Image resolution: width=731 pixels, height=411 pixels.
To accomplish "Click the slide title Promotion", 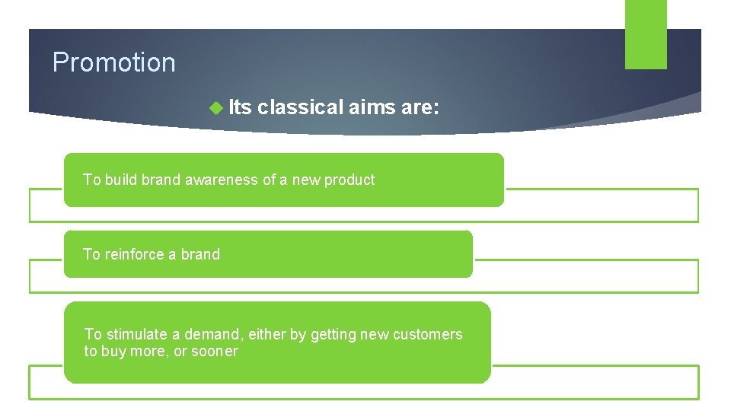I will (113, 62).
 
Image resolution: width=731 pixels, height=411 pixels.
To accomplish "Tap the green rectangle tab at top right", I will (646, 34).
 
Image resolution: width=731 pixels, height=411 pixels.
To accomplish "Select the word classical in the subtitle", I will (300, 108).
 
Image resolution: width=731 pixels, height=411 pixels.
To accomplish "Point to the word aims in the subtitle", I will (372, 108).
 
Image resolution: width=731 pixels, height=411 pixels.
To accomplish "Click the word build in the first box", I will (121, 180).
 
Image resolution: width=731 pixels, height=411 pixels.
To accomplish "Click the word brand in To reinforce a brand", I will (200, 255).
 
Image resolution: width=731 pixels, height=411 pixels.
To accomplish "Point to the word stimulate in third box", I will (137, 335).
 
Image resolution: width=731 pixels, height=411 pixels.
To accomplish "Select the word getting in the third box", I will (340, 335).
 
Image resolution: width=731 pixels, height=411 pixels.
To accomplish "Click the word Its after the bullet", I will (240, 108).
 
